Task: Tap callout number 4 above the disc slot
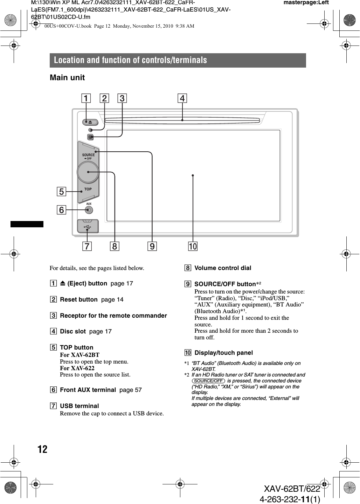point(182,98)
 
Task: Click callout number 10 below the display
point(193,247)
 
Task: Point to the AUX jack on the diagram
point(89,210)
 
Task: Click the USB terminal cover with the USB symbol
point(88,226)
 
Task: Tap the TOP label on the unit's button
point(88,189)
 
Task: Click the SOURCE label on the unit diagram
point(88,155)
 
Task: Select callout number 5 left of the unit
point(61,192)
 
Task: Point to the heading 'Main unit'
point(67,77)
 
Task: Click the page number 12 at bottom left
point(42,449)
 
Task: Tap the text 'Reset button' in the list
point(79,299)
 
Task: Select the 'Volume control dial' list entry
point(223,268)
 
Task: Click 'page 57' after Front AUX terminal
point(130,390)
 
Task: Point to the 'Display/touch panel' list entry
point(223,353)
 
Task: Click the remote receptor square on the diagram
point(90,137)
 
